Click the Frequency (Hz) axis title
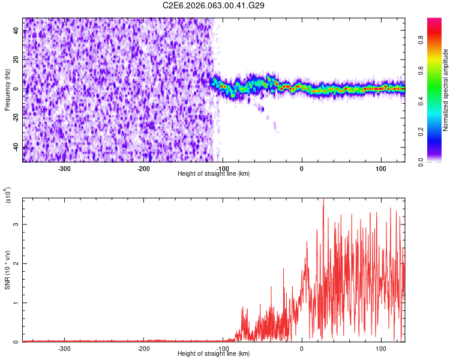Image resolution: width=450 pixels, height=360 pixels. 7,89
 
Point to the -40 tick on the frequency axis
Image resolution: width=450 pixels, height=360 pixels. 16,148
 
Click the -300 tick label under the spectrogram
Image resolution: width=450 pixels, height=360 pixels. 64,168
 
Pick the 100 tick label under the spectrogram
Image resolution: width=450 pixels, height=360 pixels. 380,168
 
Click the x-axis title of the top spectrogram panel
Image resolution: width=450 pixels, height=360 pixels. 214,174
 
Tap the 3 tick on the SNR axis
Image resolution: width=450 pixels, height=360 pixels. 16,224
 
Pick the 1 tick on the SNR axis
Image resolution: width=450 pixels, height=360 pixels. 16,303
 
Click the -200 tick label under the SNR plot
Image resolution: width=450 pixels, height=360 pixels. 143,348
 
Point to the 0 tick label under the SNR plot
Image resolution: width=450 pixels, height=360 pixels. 302,348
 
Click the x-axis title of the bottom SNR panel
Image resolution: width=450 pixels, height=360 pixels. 214,354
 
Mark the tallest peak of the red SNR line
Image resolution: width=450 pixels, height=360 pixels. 323,200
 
